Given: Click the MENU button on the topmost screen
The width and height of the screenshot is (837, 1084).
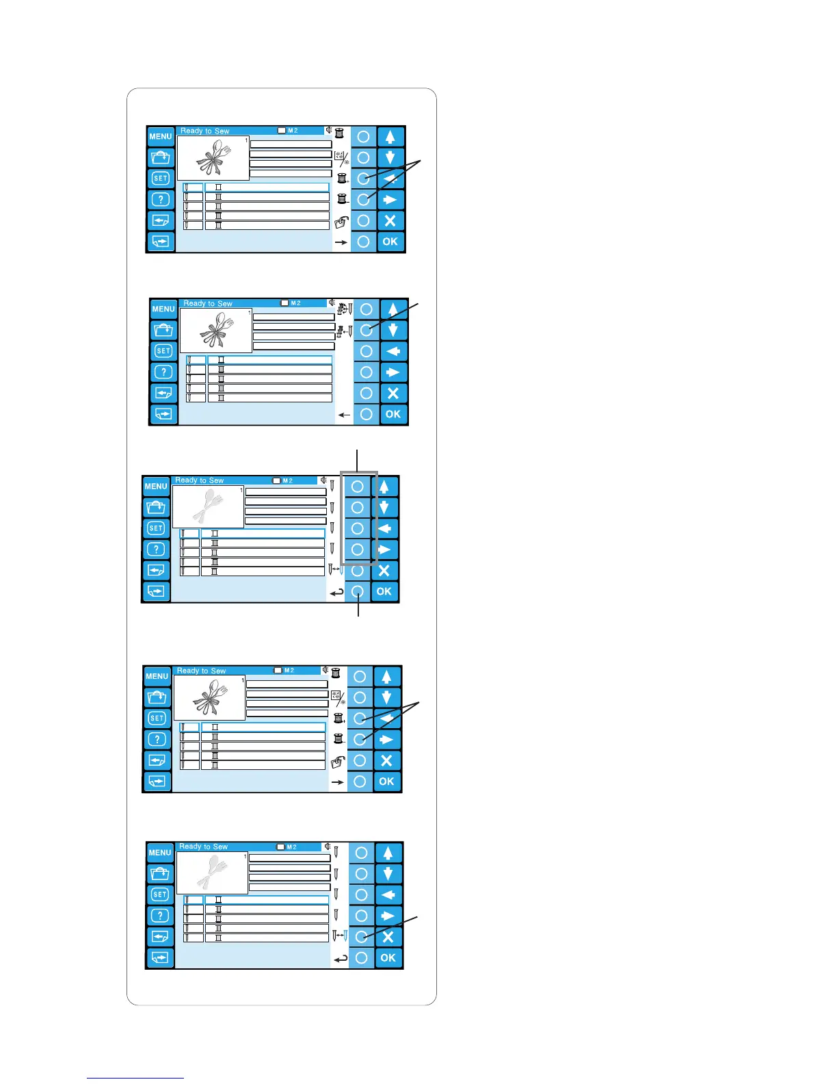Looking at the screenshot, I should (x=160, y=136).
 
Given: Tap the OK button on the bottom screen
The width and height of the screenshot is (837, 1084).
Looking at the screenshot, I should (x=388, y=957).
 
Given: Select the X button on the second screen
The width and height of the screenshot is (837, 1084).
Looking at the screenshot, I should (x=393, y=393).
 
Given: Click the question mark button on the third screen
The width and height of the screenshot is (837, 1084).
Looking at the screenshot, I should (x=156, y=549).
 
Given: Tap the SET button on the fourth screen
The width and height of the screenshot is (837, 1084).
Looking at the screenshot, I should (x=157, y=718).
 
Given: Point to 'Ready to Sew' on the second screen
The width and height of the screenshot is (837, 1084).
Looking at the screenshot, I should (x=208, y=303).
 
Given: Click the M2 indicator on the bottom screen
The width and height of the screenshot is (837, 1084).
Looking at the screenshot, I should (x=287, y=847).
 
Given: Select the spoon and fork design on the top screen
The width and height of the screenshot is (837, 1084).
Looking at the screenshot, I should (x=213, y=159).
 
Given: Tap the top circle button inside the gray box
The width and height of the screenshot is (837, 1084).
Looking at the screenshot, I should (x=357, y=487).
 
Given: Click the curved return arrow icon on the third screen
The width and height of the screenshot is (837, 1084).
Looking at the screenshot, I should (x=337, y=593).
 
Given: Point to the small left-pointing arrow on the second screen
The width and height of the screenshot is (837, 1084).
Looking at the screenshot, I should (x=344, y=415).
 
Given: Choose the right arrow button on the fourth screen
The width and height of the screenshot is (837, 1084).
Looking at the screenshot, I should (x=386, y=739).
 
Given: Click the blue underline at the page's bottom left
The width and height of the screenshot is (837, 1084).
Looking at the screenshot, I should (x=135, y=1078).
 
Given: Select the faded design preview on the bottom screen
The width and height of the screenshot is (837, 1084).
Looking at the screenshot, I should (x=212, y=873).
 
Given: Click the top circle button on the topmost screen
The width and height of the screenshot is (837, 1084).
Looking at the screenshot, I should (x=363, y=136).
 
